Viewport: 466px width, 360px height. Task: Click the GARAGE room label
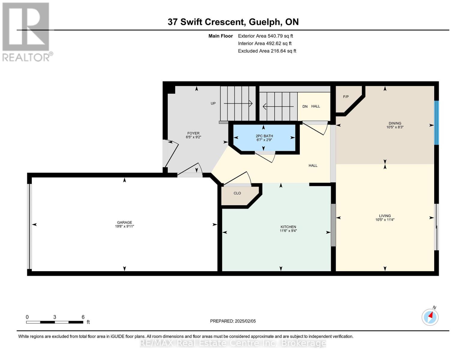point(125,222)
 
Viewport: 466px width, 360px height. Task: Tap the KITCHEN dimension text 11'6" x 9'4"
point(288,231)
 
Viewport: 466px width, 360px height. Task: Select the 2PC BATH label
point(264,136)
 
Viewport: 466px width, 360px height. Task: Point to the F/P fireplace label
point(346,97)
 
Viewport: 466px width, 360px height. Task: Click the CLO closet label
point(237,193)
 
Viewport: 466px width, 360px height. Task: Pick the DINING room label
point(395,123)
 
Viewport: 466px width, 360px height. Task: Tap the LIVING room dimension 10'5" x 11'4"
point(385,220)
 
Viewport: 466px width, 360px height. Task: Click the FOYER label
point(193,133)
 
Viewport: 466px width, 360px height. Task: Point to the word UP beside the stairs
point(213,103)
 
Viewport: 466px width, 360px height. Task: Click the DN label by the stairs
point(305,106)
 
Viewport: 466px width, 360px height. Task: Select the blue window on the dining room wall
point(436,123)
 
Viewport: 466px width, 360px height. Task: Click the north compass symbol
point(430,317)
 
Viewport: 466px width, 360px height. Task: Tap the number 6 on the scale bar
point(83,317)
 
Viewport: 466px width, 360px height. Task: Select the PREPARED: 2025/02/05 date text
point(233,321)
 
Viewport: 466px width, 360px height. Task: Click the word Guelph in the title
point(264,22)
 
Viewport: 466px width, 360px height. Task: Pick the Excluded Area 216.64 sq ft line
point(267,51)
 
